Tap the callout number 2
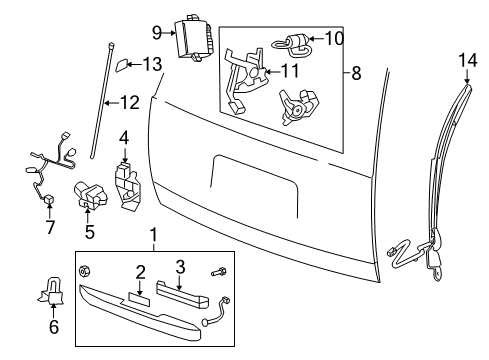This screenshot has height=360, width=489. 141,271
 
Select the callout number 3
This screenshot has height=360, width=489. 181,266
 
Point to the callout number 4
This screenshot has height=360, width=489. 124,137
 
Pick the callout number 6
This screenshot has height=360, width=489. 53,325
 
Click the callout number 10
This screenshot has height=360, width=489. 333,39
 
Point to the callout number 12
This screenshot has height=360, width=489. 129,101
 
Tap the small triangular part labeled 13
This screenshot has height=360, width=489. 120,66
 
